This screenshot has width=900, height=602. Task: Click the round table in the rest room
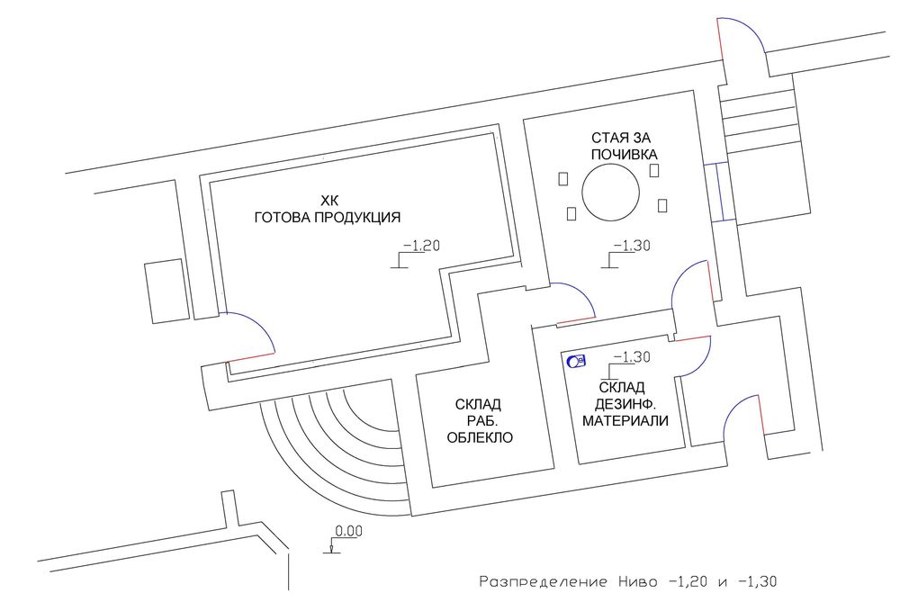(611, 193)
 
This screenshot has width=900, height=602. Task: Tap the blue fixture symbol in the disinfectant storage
(576, 361)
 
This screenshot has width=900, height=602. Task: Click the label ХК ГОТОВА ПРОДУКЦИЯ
(328, 209)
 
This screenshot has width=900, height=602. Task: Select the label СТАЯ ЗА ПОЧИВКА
(624, 146)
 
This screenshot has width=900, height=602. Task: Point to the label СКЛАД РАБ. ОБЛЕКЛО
(480, 421)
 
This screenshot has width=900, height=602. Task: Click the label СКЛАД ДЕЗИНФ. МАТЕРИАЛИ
(625, 403)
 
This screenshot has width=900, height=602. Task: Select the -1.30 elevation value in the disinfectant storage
(632, 357)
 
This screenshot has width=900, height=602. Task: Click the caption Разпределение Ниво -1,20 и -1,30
(628, 581)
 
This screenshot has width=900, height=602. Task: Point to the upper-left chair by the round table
(563, 178)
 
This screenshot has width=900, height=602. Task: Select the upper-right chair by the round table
(653, 170)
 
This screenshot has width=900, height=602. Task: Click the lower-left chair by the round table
(571, 213)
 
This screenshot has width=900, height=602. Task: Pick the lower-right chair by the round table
(662, 205)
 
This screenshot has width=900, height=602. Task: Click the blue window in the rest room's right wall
(718, 192)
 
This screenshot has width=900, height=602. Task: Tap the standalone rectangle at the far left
(166, 291)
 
